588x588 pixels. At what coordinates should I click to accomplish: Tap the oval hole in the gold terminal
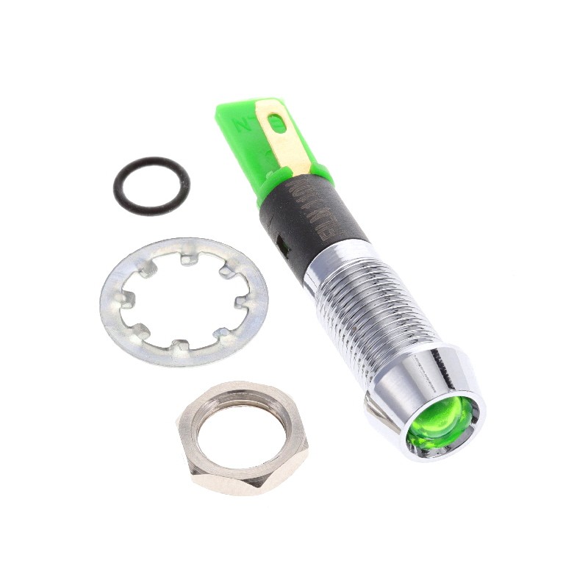click(x=277, y=123)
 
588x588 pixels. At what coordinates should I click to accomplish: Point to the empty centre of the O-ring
click(x=151, y=185)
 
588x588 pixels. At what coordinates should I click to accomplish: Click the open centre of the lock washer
click(x=184, y=301)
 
